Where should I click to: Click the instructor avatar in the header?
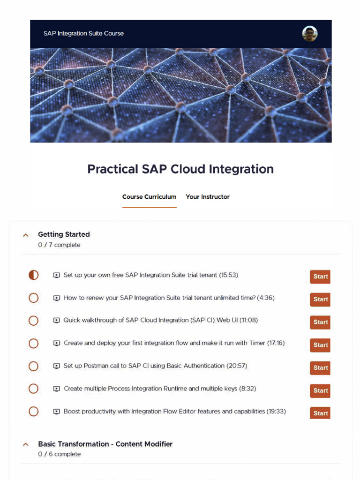coord(310,34)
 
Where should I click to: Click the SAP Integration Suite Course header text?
coord(83,34)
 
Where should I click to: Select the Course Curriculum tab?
coord(149,197)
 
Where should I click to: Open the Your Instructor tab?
coord(208,197)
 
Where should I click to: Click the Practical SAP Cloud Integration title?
coord(180,169)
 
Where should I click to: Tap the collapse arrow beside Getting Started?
coord(26,235)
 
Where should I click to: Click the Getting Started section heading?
coord(64,234)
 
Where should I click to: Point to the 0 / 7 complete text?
coord(59,245)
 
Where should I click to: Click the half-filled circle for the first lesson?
coord(33,275)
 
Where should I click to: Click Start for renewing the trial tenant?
coord(320,300)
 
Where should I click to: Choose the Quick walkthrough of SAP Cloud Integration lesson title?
coord(160,321)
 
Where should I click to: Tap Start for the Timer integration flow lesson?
coord(320,345)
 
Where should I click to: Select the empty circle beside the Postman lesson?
coord(33,366)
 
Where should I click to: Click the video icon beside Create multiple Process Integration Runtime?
coord(57,389)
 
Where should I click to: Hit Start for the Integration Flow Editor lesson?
coord(320,413)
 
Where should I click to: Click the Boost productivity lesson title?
coord(174,412)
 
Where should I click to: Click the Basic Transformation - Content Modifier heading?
coord(105,444)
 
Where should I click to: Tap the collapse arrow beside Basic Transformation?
coord(26,444)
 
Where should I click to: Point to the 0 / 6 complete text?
coord(59,454)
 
